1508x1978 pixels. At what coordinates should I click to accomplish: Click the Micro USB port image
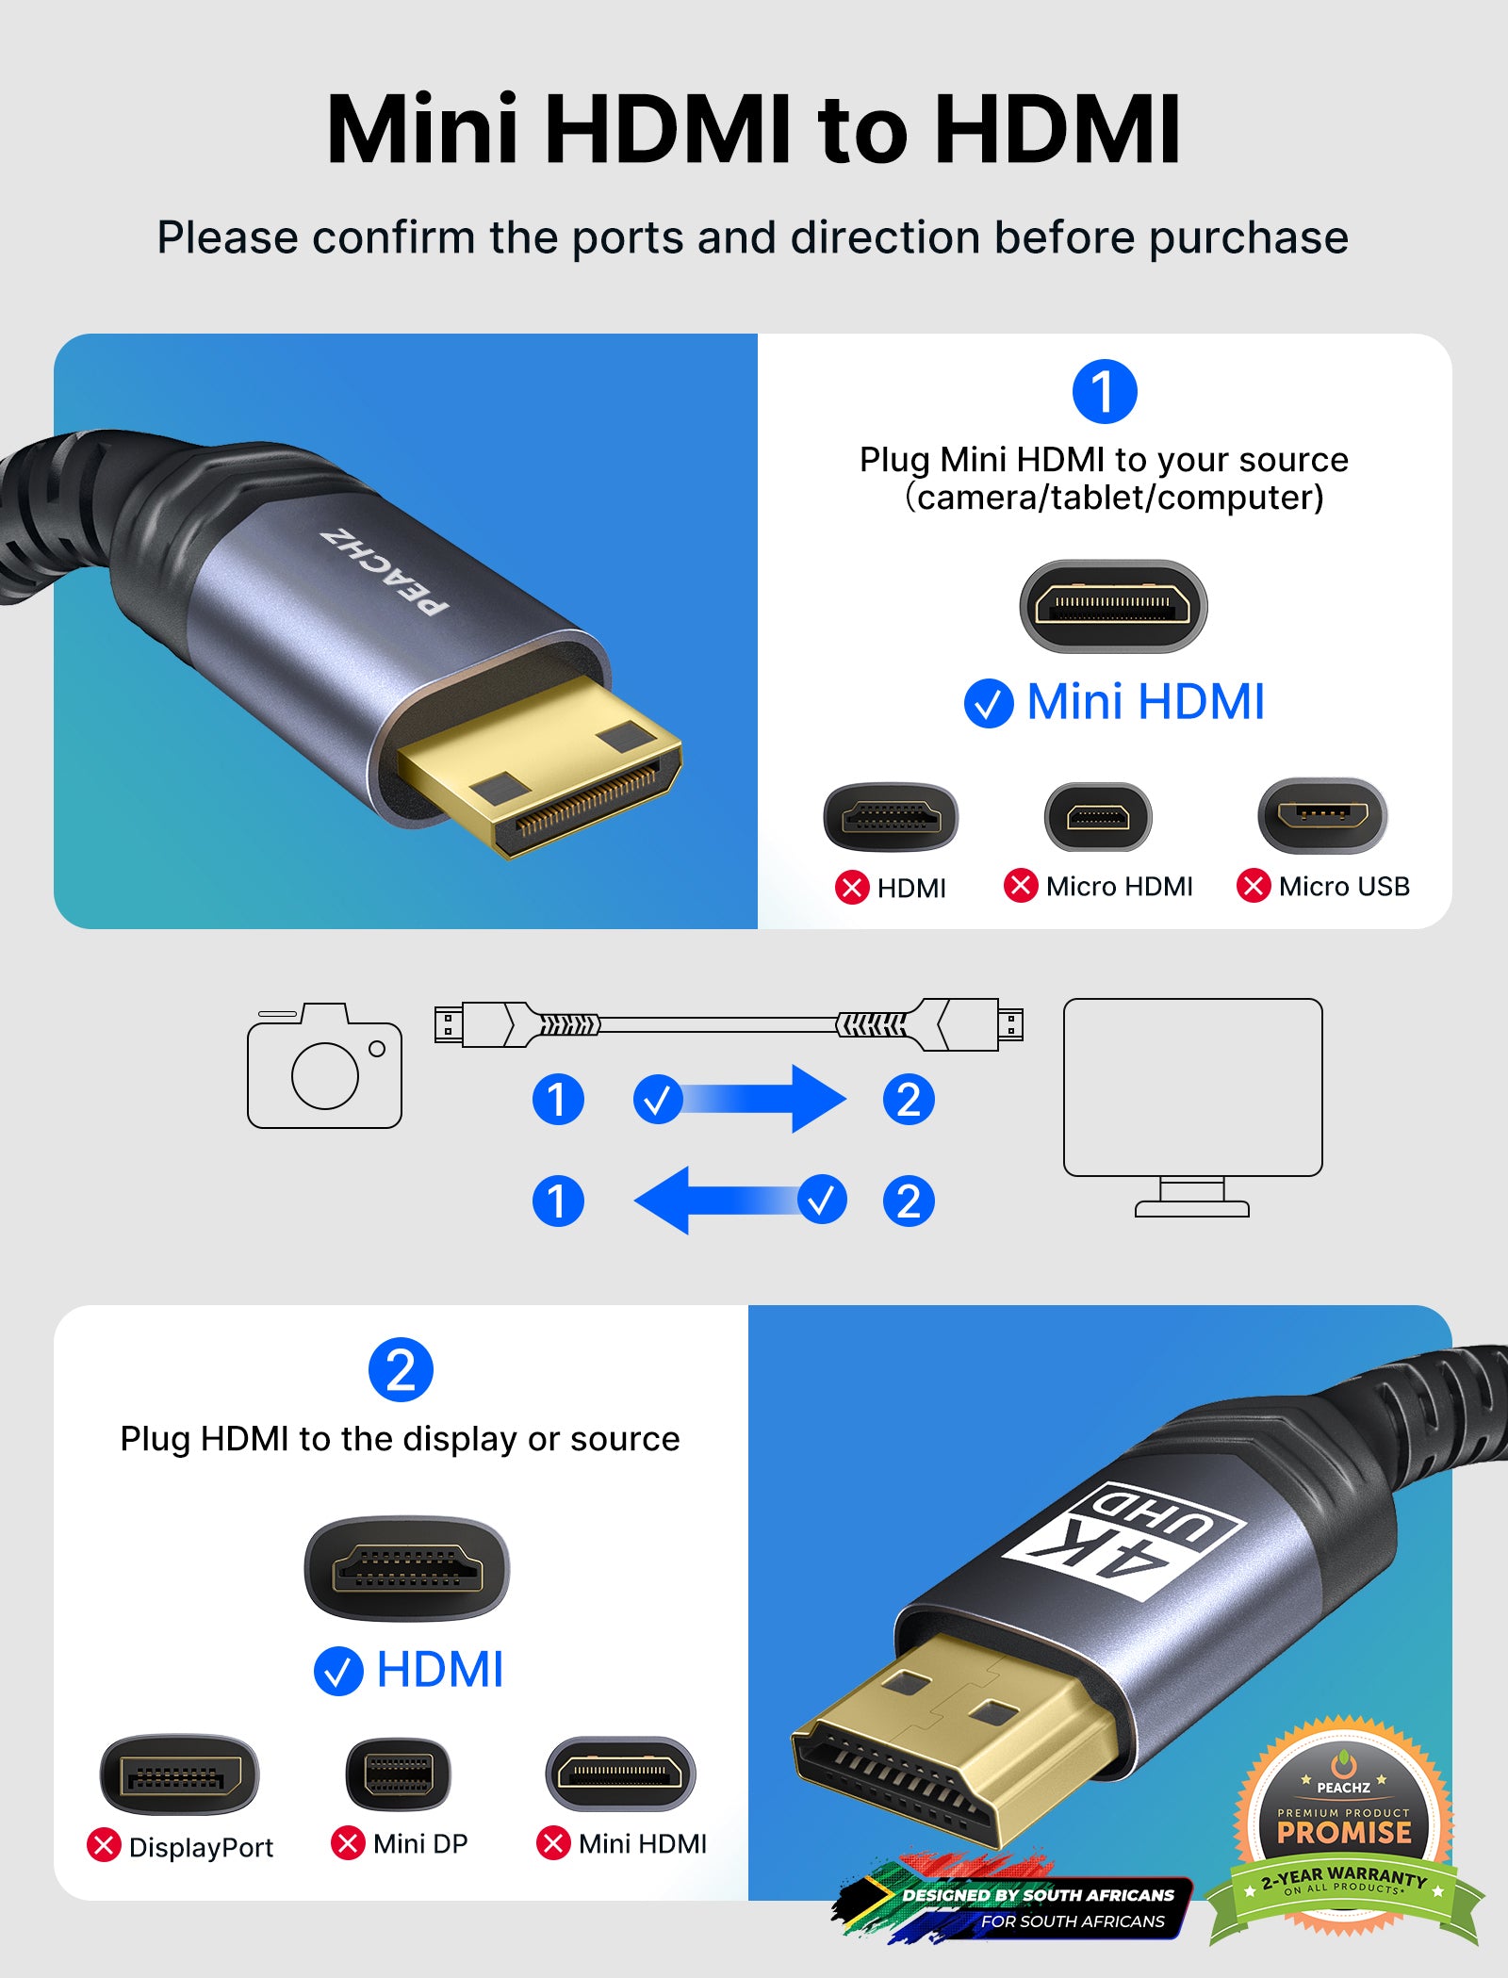[x=1322, y=814]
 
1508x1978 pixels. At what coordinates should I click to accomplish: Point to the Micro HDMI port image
[x=1098, y=816]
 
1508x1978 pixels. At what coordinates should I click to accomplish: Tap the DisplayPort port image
[x=179, y=1775]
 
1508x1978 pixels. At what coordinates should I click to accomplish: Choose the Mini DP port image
[x=398, y=1774]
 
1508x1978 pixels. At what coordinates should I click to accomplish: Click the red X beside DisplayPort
[x=104, y=1845]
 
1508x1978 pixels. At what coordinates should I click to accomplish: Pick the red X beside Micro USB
[x=1254, y=885]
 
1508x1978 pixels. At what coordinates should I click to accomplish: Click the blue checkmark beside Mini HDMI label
[x=989, y=703]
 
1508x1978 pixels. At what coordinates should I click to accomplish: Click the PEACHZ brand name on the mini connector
[x=385, y=571]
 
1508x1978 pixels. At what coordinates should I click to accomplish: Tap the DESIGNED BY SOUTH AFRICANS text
[x=1039, y=1895]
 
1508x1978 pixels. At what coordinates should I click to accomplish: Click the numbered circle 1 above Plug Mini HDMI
[x=1105, y=391]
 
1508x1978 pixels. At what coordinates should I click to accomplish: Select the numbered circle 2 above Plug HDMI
[x=401, y=1369]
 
